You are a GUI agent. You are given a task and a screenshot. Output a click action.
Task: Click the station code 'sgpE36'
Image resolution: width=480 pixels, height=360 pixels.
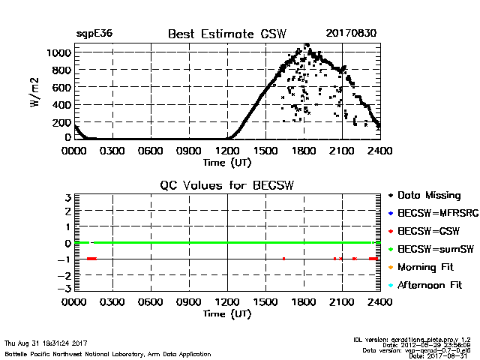94,34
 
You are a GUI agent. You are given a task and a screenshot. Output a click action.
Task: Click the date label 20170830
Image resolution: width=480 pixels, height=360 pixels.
352,34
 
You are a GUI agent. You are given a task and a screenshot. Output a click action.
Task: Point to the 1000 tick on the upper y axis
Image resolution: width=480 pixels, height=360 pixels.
58,53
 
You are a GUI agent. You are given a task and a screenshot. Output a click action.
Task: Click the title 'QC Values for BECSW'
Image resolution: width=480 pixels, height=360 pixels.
226,185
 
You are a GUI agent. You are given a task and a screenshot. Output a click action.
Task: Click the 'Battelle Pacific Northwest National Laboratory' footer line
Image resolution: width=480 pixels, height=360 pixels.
107,353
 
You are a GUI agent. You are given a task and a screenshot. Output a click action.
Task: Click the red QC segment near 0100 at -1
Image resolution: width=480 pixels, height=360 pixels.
91,259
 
